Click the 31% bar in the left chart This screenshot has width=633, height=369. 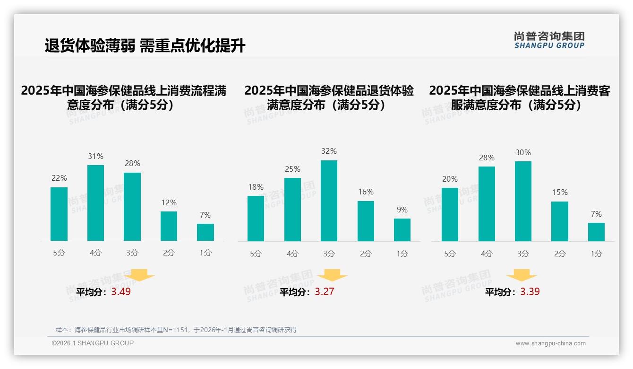pyautogui.click(x=95, y=203)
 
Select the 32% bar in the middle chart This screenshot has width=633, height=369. pyautogui.click(x=329, y=201)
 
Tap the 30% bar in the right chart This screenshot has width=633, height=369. pyautogui.click(x=523, y=201)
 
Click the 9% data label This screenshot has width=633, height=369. pyautogui.click(x=402, y=210)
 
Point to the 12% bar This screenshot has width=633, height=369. pyautogui.click(x=169, y=226)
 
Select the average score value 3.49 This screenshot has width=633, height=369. pyautogui.click(x=121, y=292)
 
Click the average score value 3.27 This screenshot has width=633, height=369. pyautogui.click(x=325, y=292)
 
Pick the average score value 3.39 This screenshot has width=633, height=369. pyautogui.click(x=530, y=292)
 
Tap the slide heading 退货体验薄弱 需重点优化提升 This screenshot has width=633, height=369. pyautogui.click(x=145, y=46)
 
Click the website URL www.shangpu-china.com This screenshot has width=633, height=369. pyautogui.click(x=550, y=343)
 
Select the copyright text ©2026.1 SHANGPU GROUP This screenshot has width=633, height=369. pyautogui.click(x=93, y=343)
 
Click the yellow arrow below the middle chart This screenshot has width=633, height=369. pyautogui.click(x=332, y=275)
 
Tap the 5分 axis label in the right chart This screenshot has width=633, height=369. pyautogui.click(x=450, y=254)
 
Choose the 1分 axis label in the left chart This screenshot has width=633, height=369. pyautogui.click(x=205, y=253)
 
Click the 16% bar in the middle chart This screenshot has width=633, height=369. pyautogui.click(x=366, y=221)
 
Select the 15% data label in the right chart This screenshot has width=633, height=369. pyautogui.click(x=559, y=193)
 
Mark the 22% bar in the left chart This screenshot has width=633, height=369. pyautogui.click(x=59, y=214)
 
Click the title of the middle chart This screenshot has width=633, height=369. pyautogui.click(x=329, y=98)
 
